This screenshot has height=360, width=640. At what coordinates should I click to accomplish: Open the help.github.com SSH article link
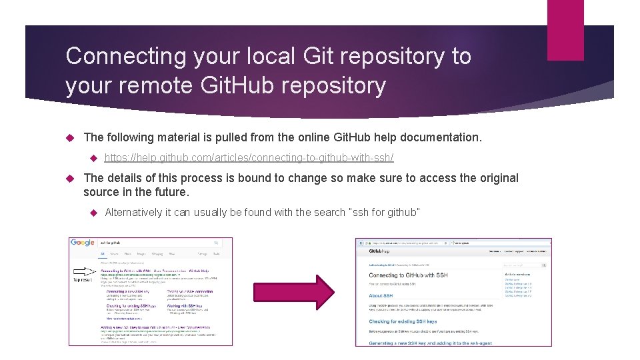[x=249, y=157]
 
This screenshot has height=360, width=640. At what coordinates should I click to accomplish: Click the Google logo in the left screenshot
[x=82, y=243]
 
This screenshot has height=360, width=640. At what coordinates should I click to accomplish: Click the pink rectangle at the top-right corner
[x=565, y=30]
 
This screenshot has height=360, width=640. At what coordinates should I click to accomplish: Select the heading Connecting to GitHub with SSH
[x=408, y=275]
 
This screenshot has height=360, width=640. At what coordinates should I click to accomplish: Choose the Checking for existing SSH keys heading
[x=403, y=321]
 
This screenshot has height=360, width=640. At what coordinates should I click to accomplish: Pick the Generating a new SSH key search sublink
[x=127, y=292]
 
